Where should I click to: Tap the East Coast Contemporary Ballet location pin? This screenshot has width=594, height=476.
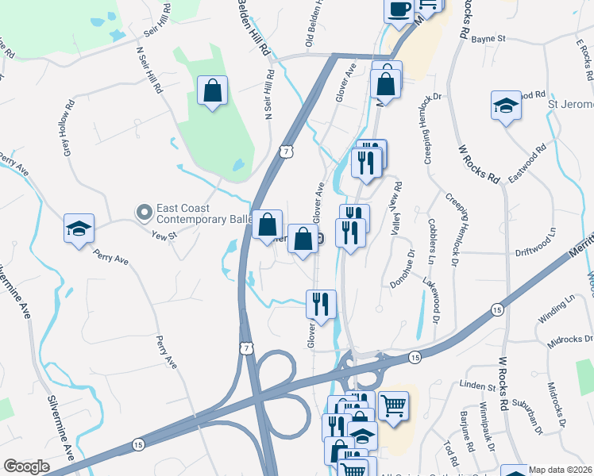pos(144,212)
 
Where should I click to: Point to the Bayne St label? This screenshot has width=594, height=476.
pos(489,38)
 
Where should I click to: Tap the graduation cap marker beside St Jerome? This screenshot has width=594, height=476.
pos(506,106)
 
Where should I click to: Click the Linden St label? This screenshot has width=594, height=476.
pos(477,386)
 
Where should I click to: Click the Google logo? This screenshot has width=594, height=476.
pos(26,466)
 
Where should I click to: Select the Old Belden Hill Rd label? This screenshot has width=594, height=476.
pos(312,23)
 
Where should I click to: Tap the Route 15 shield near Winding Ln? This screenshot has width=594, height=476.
pos(496,309)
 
